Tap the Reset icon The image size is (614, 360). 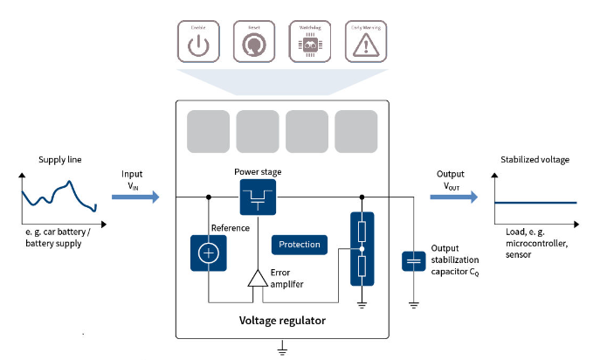coord(254,42)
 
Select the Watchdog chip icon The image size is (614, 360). coord(310,42)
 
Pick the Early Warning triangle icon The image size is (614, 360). coord(366,42)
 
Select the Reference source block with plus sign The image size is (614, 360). coord(208,253)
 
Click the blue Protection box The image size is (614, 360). coord(299,245)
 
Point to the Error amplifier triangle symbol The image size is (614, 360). coord(258,278)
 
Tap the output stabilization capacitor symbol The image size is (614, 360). coord(413,261)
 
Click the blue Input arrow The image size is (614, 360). coord(135,197)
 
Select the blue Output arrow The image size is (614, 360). coord(453,197)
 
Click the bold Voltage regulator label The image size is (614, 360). coord(282,321)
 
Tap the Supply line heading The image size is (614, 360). coord(59,161)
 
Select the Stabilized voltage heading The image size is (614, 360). coord(535,161)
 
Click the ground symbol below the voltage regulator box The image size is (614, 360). coord(282,350)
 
